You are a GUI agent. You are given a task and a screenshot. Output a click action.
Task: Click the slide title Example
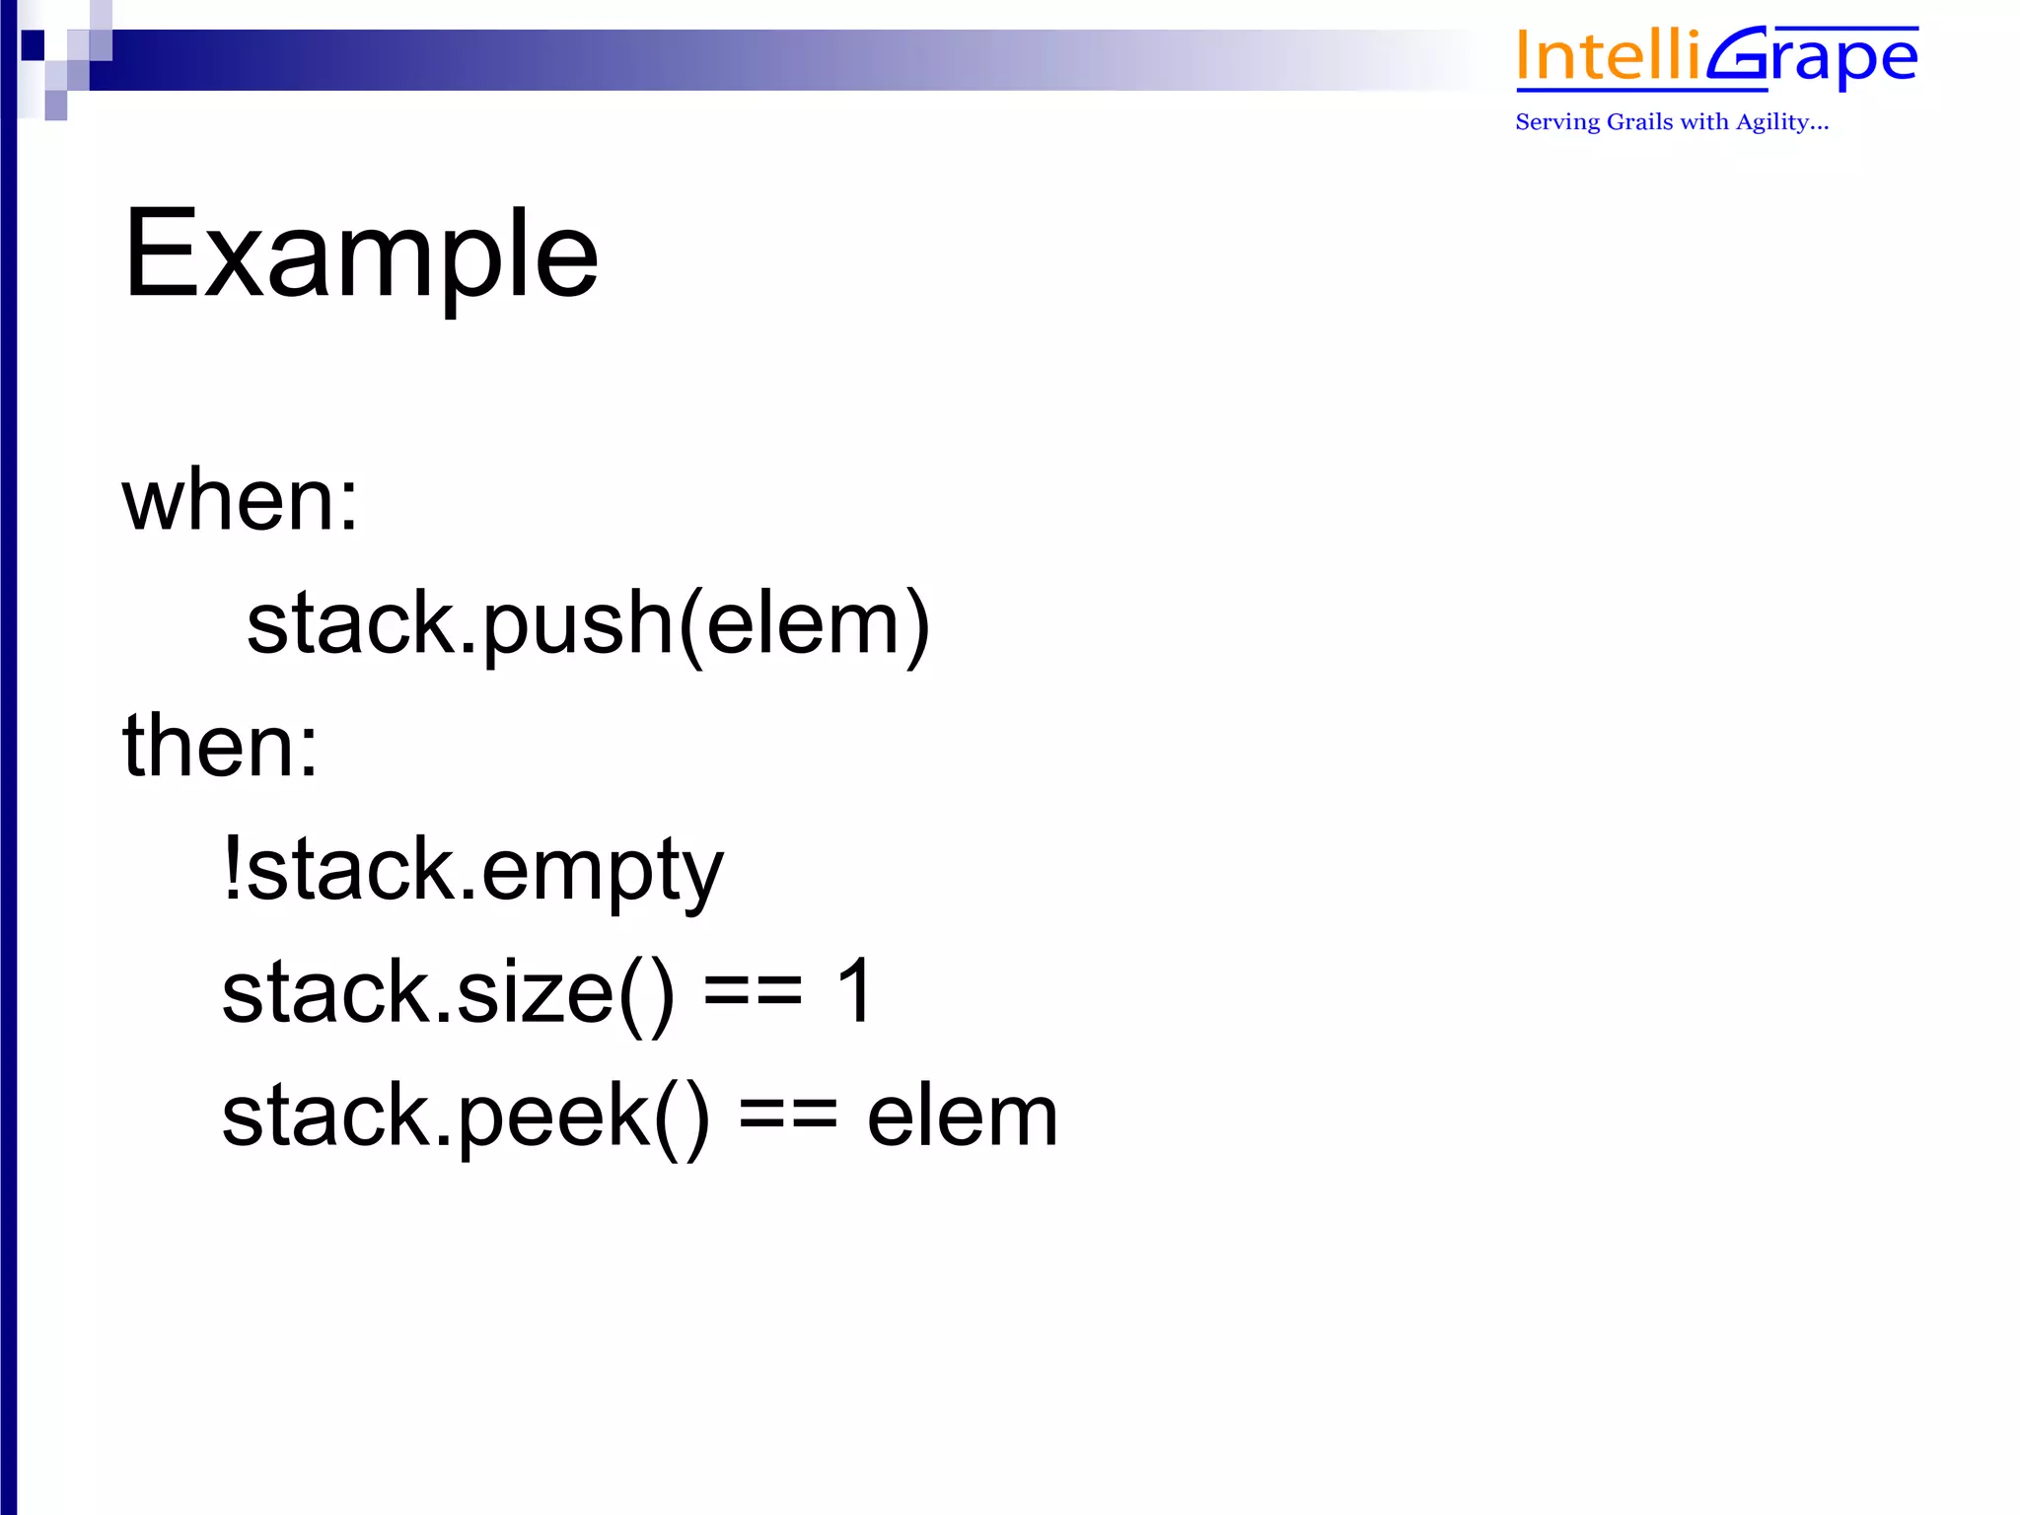point(361,254)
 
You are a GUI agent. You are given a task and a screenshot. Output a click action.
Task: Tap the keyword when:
point(240,501)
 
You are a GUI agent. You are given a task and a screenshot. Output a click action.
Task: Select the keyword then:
point(220,747)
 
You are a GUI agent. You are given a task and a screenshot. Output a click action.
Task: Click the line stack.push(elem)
point(588,624)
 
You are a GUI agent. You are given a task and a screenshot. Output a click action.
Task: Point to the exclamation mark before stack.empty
point(233,867)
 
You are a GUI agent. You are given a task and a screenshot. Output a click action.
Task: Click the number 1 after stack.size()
point(854,990)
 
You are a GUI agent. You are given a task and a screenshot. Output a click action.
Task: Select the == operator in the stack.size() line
point(754,992)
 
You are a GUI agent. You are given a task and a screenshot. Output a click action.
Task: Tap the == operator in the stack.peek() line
point(788,1116)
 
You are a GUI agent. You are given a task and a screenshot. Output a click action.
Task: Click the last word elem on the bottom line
point(962,1116)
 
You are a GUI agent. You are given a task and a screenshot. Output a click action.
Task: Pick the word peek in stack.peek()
point(553,1116)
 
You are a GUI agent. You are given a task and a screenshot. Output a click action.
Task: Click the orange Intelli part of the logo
point(1608,57)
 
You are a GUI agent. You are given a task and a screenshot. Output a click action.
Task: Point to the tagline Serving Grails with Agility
point(1671,122)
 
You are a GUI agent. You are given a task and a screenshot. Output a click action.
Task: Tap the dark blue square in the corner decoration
point(33,44)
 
